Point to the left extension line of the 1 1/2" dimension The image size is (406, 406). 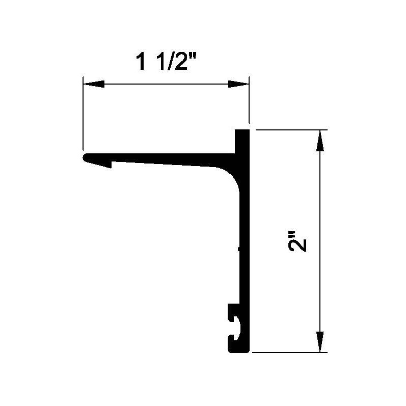coord(83,112)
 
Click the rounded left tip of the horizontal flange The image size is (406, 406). coord(86,157)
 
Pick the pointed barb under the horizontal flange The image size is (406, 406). coord(109,165)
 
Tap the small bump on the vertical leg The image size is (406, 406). coord(238,250)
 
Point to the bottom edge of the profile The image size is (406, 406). coord(238,350)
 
